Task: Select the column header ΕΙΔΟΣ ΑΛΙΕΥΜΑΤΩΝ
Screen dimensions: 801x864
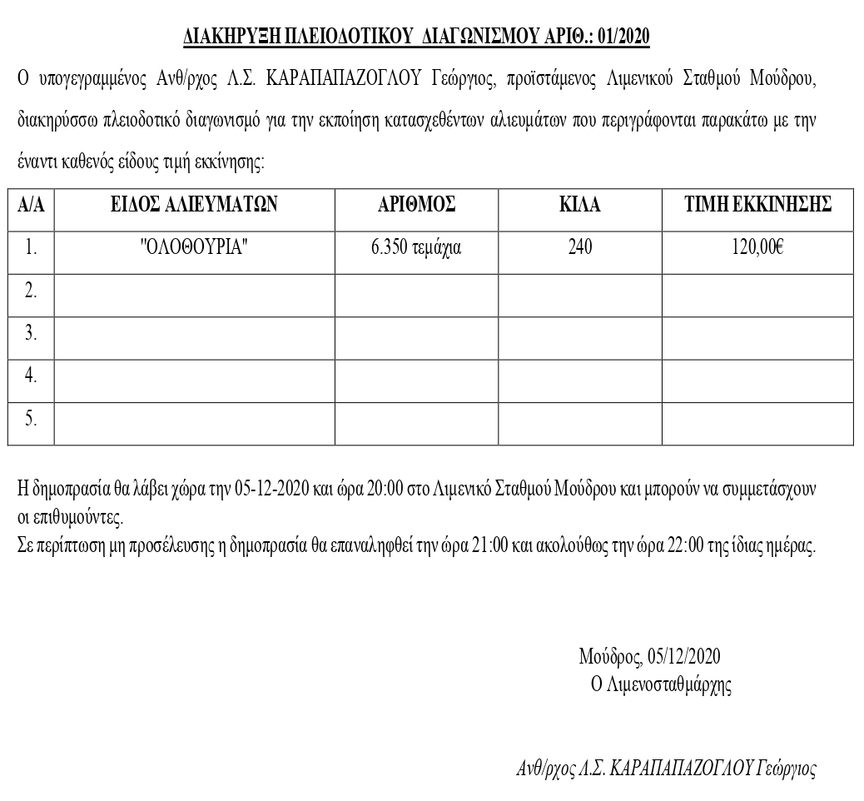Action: pos(195,205)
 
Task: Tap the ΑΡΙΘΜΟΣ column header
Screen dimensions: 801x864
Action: pos(416,205)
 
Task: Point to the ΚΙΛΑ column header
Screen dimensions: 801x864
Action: pos(580,205)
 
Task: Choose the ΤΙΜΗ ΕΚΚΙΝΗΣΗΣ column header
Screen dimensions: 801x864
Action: pos(757,205)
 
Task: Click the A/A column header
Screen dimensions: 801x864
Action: pos(31,205)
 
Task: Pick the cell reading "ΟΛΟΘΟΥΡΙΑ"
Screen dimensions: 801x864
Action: pos(195,248)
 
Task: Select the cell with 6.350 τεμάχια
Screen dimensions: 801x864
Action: pos(416,248)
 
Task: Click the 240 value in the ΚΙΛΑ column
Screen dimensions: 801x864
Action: pos(580,248)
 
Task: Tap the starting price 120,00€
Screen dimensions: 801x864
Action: pos(757,248)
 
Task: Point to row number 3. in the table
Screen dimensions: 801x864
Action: pos(31,333)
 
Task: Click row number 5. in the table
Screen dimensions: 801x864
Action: pos(31,419)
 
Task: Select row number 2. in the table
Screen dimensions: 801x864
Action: pos(31,291)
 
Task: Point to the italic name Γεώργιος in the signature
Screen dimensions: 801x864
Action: pos(786,769)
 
